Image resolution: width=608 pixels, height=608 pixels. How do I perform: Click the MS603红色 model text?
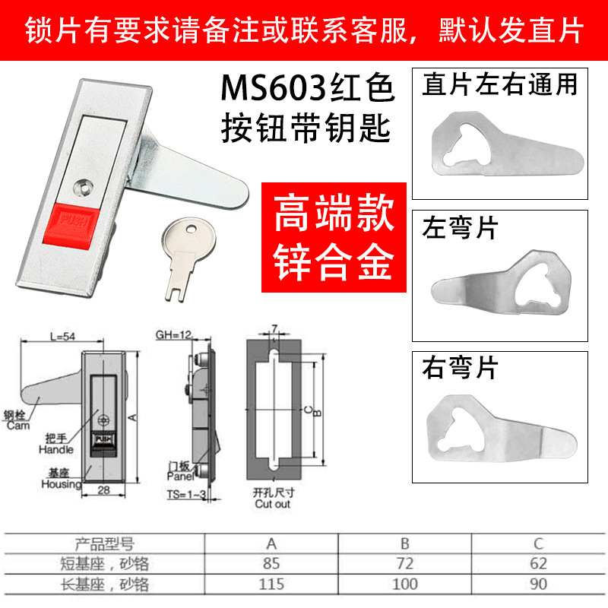point(309,90)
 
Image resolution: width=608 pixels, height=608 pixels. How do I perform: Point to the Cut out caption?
point(272,504)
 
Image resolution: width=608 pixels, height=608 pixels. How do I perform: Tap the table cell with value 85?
point(271,564)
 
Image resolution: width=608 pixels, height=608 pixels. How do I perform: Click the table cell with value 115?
point(271,584)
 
